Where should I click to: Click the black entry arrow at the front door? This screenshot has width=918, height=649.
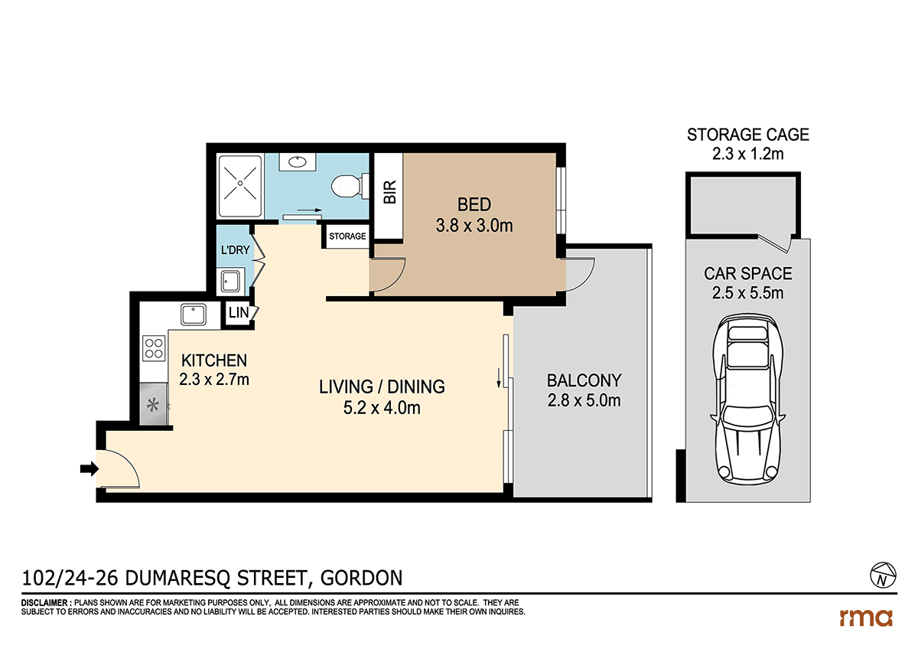click(x=89, y=469)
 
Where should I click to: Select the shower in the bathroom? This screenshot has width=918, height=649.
click(x=240, y=185)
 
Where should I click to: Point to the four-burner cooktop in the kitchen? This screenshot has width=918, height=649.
click(x=154, y=348)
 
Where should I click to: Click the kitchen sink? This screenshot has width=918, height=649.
click(x=193, y=314)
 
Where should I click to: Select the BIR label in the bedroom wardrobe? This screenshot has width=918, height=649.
click(x=389, y=191)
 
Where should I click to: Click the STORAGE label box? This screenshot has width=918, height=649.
click(x=347, y=236)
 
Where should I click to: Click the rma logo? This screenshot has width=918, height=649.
click(x=866, y=617)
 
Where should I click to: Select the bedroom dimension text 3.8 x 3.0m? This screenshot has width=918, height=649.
click(x=474, y=226)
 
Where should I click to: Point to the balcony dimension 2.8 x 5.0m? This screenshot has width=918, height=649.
click(x=583, y=400)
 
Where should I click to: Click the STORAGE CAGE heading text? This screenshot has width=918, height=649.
click(x=747, y=135)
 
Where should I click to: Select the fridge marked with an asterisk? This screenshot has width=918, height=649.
click(x=154, y=406)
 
